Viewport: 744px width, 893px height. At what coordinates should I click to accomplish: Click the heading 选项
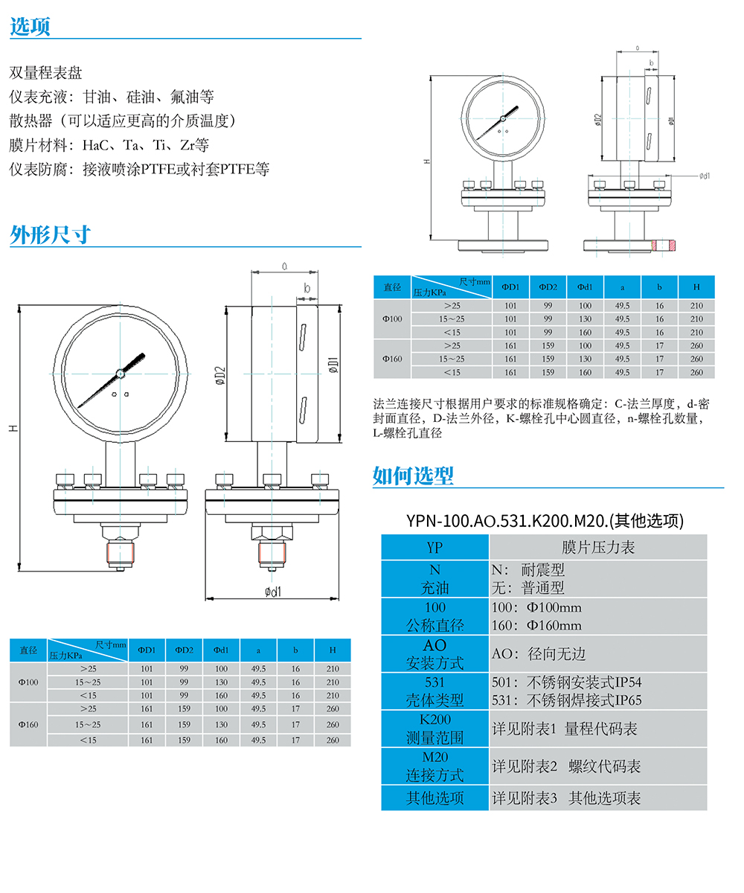pos(30,27)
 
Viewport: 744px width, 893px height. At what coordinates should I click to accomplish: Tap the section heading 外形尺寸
pos(50,235)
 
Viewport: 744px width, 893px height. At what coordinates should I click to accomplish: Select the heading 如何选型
pos(413,476)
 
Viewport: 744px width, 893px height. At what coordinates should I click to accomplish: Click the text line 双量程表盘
pos(45,73)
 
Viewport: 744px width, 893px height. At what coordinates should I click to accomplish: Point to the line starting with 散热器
pos(122,121)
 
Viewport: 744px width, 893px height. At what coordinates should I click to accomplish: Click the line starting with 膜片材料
pos(109,144)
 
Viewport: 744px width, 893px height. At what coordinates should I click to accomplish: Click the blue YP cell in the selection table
pos(434,548)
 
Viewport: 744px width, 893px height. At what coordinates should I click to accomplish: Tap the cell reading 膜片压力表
pos(597,548)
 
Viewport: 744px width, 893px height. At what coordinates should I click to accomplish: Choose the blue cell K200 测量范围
pos(434,729)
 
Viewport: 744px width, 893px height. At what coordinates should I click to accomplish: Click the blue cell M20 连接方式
pos(434,766)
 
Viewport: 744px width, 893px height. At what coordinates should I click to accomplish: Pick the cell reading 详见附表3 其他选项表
pos(566,798)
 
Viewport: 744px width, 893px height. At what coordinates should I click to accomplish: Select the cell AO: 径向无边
pos(539,654)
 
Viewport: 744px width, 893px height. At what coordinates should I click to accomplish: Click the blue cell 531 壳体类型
pos(434,691)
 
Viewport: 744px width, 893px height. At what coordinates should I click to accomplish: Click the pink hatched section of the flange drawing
pos(664,244)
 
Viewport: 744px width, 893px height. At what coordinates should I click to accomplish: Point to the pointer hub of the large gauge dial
pos(120,373)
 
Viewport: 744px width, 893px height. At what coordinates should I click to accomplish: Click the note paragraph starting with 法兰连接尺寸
pos(541,418)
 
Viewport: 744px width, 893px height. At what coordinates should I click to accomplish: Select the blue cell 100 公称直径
pos(434,617)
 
